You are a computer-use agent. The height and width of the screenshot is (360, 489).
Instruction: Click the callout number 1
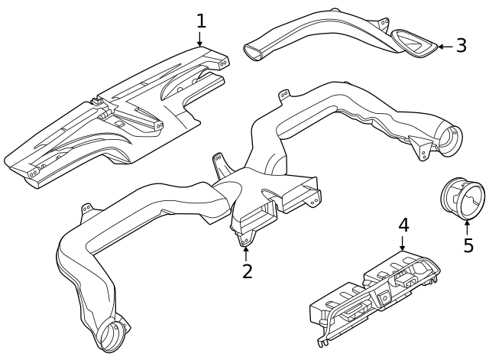(201, 20)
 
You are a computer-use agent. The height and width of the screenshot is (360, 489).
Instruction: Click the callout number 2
(247, 271)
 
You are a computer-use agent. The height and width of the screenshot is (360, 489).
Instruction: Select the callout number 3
(461, 46)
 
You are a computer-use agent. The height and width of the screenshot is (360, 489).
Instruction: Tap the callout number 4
(403, 225)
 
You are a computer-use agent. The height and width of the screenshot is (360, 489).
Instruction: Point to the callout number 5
(468, 245)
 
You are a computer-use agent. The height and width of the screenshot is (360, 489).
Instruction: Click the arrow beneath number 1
(201, 39)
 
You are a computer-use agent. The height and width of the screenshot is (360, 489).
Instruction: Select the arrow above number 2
(247, 252)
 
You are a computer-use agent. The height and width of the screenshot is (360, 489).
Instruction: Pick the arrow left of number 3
(443, 47)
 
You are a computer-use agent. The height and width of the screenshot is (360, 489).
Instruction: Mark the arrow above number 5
(468, 226)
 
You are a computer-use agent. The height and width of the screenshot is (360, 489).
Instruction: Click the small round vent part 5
(462, 196)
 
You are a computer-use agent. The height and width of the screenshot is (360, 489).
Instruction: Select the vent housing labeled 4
(374, 294)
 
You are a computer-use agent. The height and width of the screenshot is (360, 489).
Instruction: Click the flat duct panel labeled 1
(115, 115)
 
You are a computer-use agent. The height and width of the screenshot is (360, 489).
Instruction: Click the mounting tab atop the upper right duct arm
(284, 96)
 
